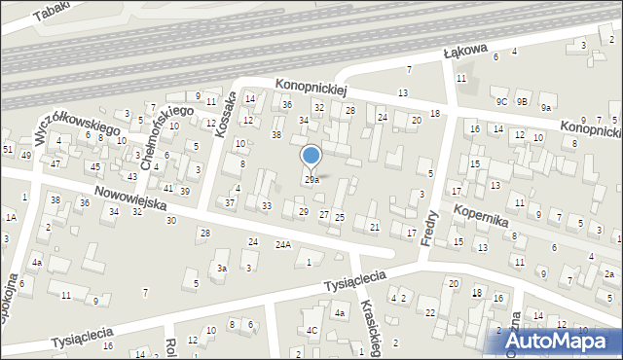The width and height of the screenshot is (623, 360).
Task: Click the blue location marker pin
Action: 311,157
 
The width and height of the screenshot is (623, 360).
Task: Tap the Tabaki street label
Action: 54,11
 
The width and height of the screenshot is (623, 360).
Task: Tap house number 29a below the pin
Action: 311,180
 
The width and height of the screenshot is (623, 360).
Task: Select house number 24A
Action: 282,245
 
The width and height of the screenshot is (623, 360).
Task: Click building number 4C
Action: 312,330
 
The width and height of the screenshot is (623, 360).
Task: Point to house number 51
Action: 7,149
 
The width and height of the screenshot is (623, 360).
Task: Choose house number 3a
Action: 222,268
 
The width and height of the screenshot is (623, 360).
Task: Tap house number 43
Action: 132,176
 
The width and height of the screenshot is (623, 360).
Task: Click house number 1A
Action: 12,218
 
